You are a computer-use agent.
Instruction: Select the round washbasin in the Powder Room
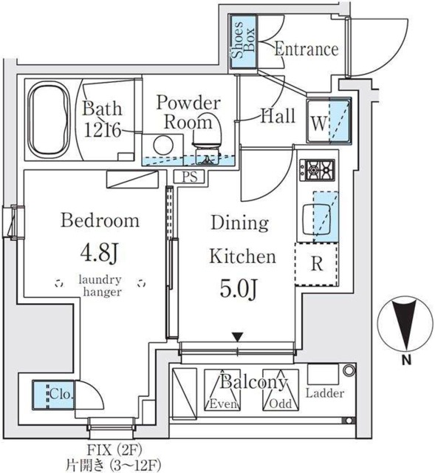[x=162, y=146]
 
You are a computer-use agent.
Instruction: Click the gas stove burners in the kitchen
[x=318, y=170]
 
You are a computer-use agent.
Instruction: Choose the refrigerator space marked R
[x=317, y=264]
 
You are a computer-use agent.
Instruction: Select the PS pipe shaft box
[x=190, y=176]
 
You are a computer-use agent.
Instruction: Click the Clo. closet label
[x=61, y=394]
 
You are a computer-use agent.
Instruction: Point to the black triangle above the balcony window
[x=238, y=337]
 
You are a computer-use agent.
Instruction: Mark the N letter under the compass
[x=407, y=360]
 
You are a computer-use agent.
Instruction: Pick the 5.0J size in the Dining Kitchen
[x=239, y=288]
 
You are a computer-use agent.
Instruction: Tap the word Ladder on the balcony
[x=325, y=393]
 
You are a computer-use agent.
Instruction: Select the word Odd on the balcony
[x=281, y=404]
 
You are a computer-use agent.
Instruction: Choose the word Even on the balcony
[x=222, y=404]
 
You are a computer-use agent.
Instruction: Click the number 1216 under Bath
[x=103, y=130]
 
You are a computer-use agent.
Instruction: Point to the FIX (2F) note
[x=114, y=450]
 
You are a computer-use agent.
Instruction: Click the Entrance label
[x=306, y=49]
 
